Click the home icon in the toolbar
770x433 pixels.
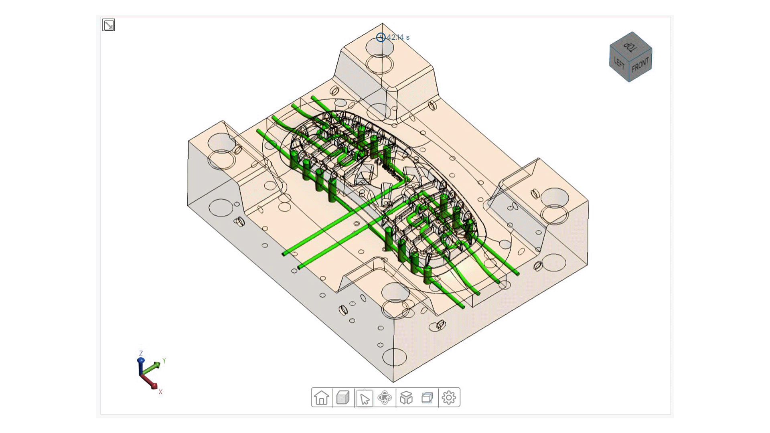(x=322, y=398)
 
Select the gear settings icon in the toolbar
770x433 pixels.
(x=449, y=398)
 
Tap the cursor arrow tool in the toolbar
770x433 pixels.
(x=364, y=398)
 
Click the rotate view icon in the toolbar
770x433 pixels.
(x=385, y=398)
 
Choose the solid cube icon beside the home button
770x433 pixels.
(x=343, y=398)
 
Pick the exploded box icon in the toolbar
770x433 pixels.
(x=406, y=398)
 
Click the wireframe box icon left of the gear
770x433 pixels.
(x=428, y=398)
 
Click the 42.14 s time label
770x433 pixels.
(x=398, y=37)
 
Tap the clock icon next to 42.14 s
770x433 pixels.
(x=381, y=37)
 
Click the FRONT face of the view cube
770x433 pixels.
(x=640, y=65)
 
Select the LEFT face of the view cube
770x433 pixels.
(x=619, y=63)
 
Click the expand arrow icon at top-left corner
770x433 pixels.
(x=109, y=25)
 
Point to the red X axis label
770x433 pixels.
(x=160, y=392)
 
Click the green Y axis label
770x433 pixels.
(x=164, y=360)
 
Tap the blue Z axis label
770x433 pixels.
(x=141, y=354)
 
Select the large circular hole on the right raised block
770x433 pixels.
(x=555, y=198)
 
